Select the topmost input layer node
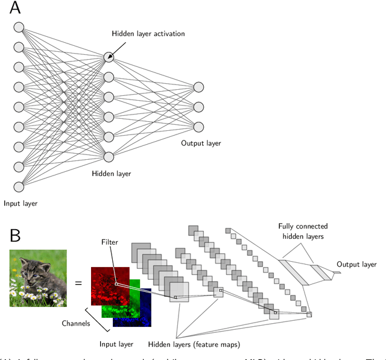click(19, 27)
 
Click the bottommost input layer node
click(19, 186)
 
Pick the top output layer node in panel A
click(198, 87)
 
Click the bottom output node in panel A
click(198, 127)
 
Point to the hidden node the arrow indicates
click(109, 57)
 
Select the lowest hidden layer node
click(109, 157)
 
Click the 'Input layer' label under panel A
click(20, 203)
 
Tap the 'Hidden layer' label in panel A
click(111, 174)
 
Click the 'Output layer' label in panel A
click(201, 144)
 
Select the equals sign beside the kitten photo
click(78, 282)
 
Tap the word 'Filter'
click(110, 242)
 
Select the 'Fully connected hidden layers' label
click(301, 232)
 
